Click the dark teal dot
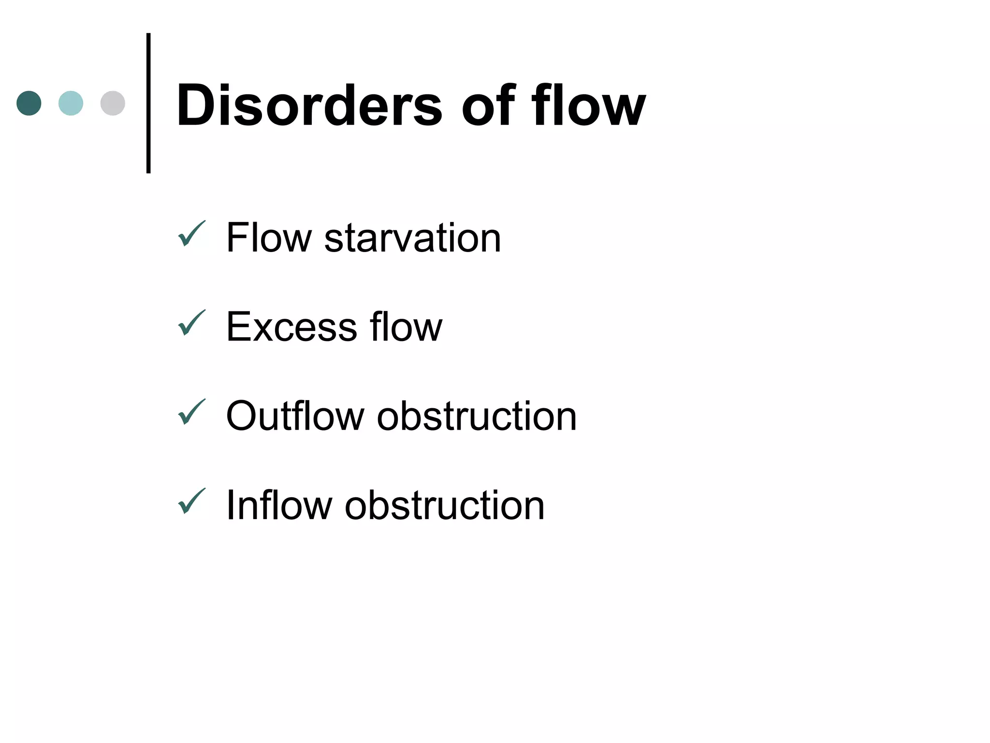(29, 103)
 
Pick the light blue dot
(71, 103)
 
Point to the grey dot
(113, 103)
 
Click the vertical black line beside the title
(148, 103)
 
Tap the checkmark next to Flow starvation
(191, 234)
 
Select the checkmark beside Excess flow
(191, 323)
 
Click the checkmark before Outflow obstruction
(191, 412)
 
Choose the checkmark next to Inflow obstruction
(191, 501)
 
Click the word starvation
(412, 238)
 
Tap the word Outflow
(295, 416)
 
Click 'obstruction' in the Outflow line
(477, 416)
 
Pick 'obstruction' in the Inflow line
(444, 505)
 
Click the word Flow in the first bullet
(269, 238)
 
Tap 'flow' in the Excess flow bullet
(406, 327)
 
